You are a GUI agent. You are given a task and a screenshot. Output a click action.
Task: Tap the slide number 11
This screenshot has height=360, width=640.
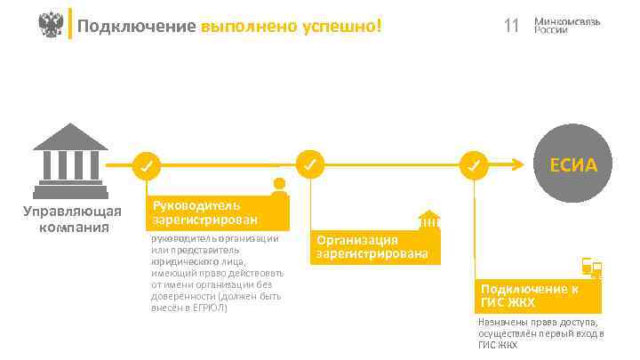pyautogui.click(x=510, y=26)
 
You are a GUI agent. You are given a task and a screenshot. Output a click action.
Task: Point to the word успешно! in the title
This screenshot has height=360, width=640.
pyautogui.click(x=341, y=26)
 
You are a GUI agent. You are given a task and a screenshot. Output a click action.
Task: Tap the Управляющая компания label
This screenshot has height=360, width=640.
pyautogui.click(x=71, y=219)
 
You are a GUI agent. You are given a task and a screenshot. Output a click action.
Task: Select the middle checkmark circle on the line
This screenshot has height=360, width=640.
pyautogui.click(x=308, y=164)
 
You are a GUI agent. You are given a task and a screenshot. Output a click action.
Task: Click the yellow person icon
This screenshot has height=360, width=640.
pyautogui.click(x=280, y=186)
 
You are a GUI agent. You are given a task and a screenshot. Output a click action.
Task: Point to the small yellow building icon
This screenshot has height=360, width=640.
pyautogui.click(x=429, y=220)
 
